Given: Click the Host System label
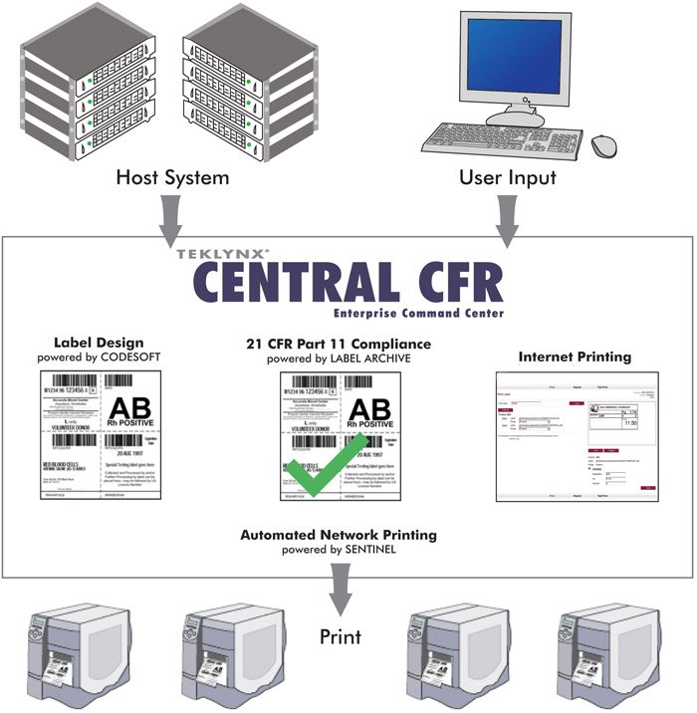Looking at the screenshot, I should pyautogui.click(x=172, y=179).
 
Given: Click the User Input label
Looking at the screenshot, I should pyautogui.click(x=508, y=179).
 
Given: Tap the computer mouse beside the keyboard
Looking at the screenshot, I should pyautogui.click(x=604, y=145).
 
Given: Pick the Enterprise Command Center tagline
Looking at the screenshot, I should pyautogui.click(x=419, y=314).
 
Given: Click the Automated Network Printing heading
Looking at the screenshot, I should pyautogui.click(x=339, y=535).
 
